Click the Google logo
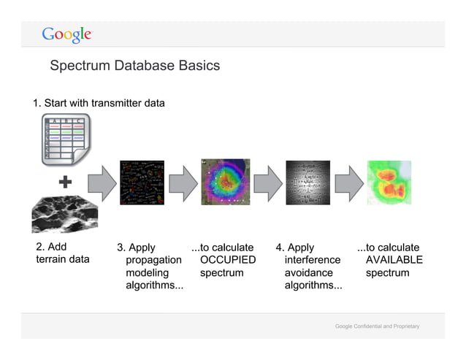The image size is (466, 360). tap(66, 34)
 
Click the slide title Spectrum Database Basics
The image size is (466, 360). tap(134, 66)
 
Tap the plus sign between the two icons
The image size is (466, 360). tap(64, 183)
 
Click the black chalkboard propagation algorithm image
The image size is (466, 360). tap(142, 183)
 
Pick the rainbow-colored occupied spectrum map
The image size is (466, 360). tap(225, 183)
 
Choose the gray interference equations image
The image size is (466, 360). tap(308, 183)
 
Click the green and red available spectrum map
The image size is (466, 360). tap(389, 183)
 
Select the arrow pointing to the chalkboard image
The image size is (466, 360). tap(102, 183)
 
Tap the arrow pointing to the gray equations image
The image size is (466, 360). tap(267, 183)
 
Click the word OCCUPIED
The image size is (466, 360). tap(228, 260)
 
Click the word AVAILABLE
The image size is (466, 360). tap(394, 260)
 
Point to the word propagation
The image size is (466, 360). tap(153, 260)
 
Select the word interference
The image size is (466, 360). tap(312, 260)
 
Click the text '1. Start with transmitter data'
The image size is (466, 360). tap(99, 103)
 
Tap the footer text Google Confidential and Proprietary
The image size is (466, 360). tap(377, 325)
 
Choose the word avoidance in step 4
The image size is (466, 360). tap(308, 273)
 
